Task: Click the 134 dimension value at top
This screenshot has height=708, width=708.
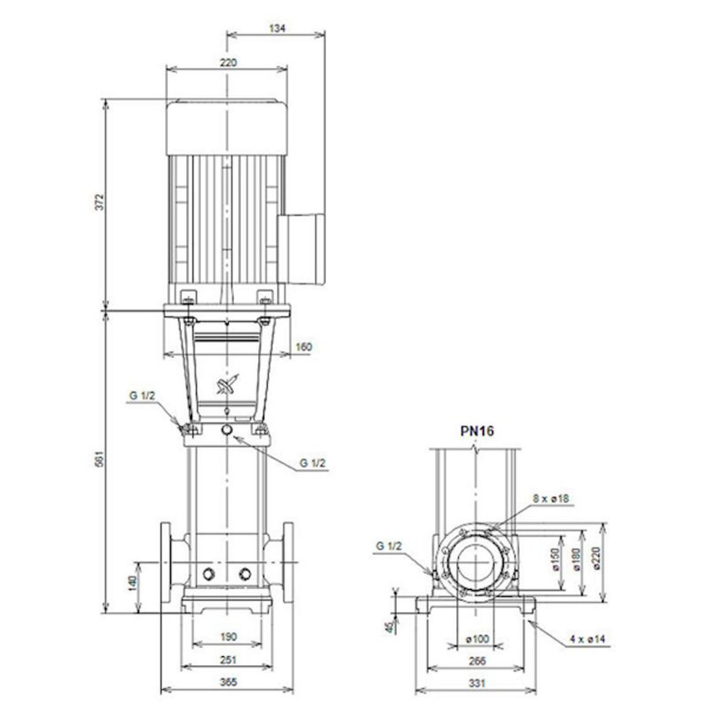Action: (276, 28)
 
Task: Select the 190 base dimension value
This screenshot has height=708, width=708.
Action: (227, 636)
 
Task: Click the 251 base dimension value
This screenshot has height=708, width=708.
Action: (227, 660)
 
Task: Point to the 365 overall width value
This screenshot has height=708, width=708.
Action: (227, 683)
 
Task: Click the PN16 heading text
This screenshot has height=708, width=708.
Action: (477, 430)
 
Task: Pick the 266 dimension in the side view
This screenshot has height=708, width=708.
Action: (476, 661)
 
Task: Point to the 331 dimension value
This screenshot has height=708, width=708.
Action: (476, 683)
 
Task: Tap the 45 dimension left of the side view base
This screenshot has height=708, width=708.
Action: (389, 626)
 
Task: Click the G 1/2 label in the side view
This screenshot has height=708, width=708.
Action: (389, 544)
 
